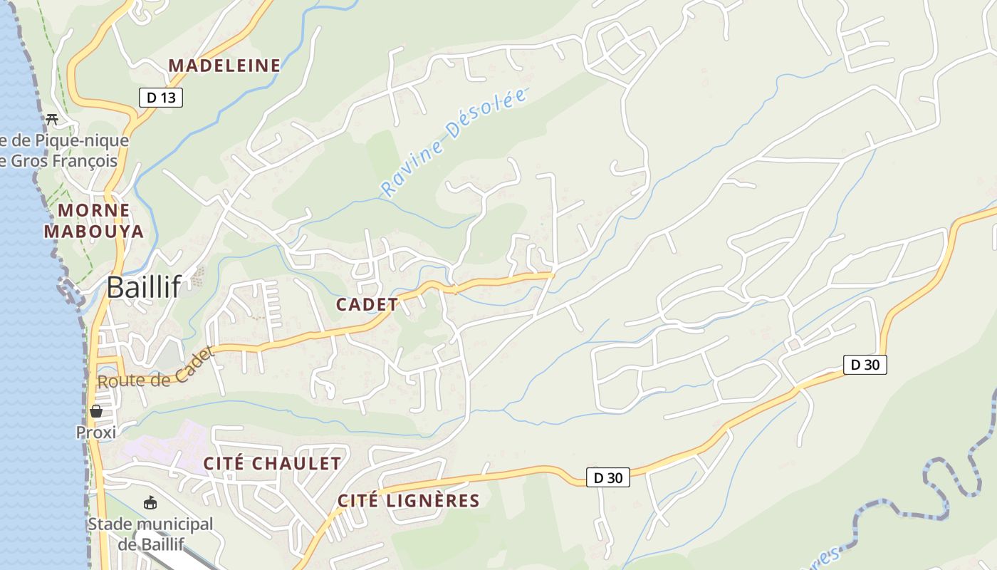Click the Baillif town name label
pos(144,287)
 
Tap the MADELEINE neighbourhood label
pos(224,66)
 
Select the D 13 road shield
pos(161,98)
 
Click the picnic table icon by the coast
pos(51,119)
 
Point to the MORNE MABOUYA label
pos(94,221)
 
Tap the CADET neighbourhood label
pos(367,304)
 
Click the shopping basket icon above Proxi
pos(96,411)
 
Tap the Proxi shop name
pos(96,432)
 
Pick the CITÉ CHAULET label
pos(272,463)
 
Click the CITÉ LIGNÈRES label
pos(409,501)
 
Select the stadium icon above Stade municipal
pos(150,504)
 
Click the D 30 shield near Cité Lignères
pos(608,477)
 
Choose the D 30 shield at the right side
pos(865,365)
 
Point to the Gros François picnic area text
pos(64,150)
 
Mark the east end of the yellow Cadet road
pos(552,274)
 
